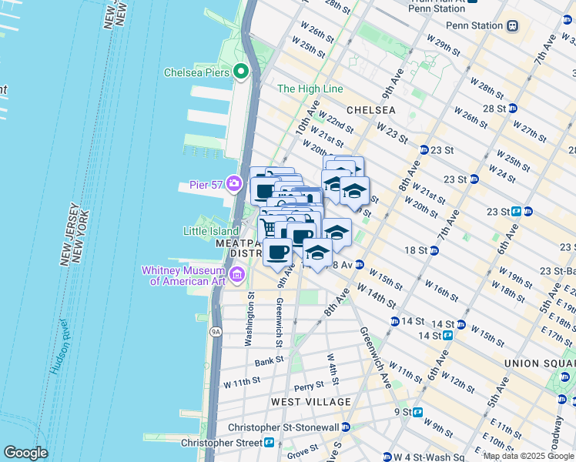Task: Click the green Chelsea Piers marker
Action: (x=241, y=72)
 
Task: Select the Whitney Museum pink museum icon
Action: (x=237, y=275)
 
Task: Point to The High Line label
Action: (x=310, y=89)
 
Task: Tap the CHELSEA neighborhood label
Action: (x=370, y=110)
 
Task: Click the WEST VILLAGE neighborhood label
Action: (x=310, y=402)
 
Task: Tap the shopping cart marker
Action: (x=269, y=228)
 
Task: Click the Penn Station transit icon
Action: (x=512, y=25)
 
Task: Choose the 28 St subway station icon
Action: (x=512, y=107)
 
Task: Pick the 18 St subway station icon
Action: (x=434, y=250)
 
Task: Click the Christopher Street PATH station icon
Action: (x=270, y=443)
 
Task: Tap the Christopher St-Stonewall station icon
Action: (x=346, y=427)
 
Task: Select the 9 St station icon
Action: (x=417, y=412)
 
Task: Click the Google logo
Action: (x=25, y=453)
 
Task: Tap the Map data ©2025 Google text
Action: (x=528, y=456)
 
